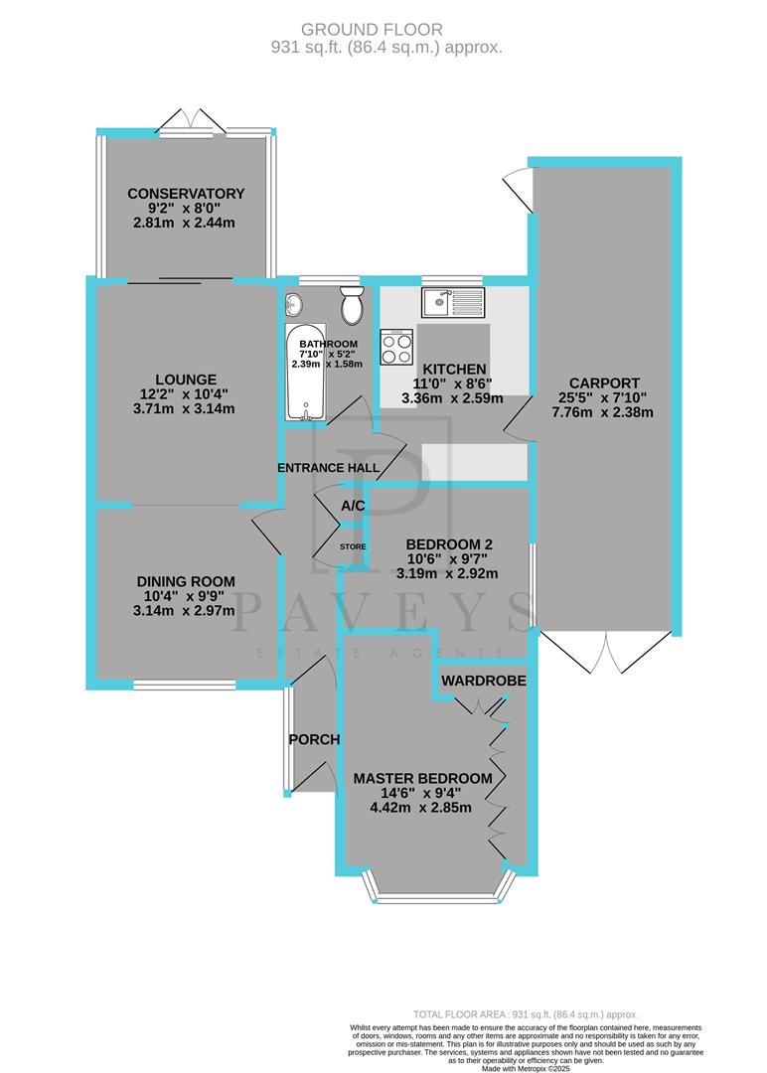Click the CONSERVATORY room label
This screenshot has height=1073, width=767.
tap(186, 193)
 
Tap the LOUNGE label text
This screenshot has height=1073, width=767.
tap(186, 379)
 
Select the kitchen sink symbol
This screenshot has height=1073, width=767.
tap(451, 300)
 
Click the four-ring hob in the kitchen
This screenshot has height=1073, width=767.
tap(397, 349)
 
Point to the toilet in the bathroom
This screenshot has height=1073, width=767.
tap(352, 307)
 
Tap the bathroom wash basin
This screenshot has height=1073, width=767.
tap(295, 303)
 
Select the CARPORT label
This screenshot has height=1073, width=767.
tap(604, 383)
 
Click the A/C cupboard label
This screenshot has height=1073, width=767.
tap(353, 506)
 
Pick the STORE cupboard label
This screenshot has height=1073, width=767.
tap(353, 546)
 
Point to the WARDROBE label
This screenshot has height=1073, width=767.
tap(484, 681)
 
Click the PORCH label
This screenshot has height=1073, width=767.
tap(314, 739)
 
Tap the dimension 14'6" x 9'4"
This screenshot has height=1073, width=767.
tap(422, 793)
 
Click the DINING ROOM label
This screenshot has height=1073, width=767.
tap(188, 581)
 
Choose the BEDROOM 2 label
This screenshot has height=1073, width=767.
tap(450, 544)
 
